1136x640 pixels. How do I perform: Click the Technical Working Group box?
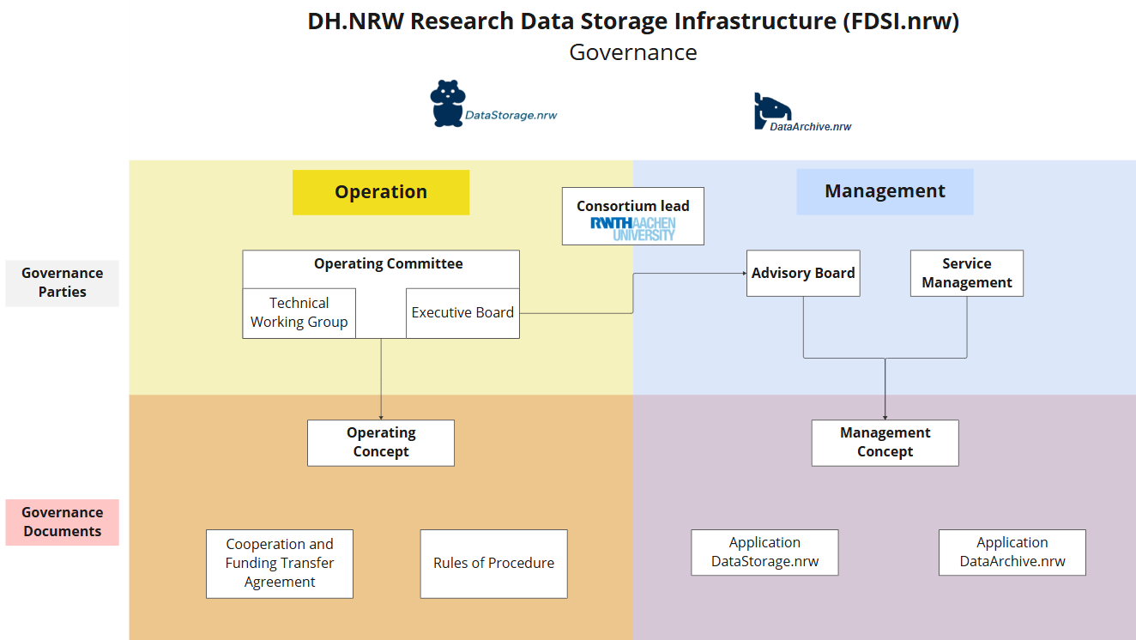299,313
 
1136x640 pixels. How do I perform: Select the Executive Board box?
462,313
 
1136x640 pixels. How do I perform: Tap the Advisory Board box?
803,274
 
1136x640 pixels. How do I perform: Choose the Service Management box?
966,274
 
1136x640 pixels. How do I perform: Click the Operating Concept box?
381,443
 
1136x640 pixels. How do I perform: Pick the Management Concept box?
885,443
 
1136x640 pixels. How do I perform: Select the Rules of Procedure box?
493,564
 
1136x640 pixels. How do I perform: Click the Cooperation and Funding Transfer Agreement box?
280,564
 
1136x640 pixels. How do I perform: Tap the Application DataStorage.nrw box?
764,552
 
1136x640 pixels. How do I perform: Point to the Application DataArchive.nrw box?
1012,552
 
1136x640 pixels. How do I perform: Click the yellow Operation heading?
381,192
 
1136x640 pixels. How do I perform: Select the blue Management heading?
885,191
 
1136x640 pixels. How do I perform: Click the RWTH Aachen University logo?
633,228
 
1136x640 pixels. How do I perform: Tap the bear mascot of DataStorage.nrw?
446,104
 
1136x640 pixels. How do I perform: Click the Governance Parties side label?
62,283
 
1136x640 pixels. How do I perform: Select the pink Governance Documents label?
62,522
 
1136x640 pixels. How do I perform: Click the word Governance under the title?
633,52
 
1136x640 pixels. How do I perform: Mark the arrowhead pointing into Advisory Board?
743,274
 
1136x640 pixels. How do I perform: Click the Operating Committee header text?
388,264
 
